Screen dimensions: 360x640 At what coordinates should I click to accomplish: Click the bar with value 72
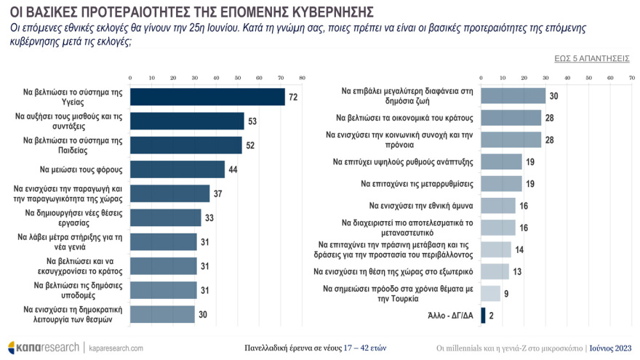pyautogui.click(x=207, y=97)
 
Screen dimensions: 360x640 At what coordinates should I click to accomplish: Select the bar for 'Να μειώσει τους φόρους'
pyautogui.click(x=177, y=169)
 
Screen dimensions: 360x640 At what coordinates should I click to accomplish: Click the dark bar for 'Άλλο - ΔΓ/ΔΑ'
pyautogui.click(x=483, y=316)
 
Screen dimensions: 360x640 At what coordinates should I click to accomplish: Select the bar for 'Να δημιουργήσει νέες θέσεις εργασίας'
pyautogui.click(x=165, y=217)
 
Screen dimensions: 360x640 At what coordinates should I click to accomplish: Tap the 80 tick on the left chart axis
pyautogui.click(x=302, y=77)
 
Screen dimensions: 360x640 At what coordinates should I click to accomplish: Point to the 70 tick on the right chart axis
pyautogui.click(x=631, y=77)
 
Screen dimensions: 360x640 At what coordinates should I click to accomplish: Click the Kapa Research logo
pyautogui.click(x=43, y=347)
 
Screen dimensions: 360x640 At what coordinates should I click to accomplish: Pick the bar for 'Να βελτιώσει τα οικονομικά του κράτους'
pyautogui.click(x=511, y=118)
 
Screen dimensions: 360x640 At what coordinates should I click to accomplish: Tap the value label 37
pyautogui.click(x=218, y=193)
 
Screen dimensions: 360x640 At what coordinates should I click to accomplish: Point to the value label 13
pyautogui.click(x=517, y=271)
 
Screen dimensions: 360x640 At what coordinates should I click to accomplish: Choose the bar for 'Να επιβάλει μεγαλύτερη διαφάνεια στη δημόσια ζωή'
pyautogui.click(x=513, y=96)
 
